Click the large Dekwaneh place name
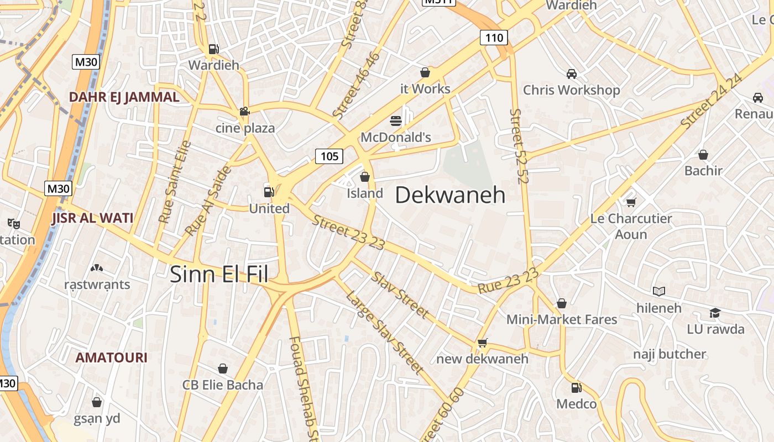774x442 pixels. coord(450,195)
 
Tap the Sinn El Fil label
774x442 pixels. coord(218,274)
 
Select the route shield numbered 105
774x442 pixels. coord(329,156)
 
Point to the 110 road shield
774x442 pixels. coord(493,38)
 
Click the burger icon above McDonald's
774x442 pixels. coord(395,120)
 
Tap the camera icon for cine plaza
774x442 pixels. coord(244,112)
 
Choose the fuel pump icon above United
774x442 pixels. coord(269,192)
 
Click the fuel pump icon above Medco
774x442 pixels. coord(576,387)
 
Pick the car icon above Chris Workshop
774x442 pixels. coord(572,73)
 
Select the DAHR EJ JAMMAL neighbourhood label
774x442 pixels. coord(124,97)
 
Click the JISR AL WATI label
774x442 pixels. coord(92,218)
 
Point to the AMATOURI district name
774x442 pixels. coord(111,357)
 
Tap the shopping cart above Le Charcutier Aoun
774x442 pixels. coord(631,202)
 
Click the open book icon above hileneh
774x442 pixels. coord(658,291)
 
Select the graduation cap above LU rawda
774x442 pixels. coord(715,313)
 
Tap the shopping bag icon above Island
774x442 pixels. coord(364,177)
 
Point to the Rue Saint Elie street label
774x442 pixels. coord(175,182)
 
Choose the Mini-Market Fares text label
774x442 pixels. coord(562,319)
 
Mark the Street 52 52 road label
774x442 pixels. coord(519,146)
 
